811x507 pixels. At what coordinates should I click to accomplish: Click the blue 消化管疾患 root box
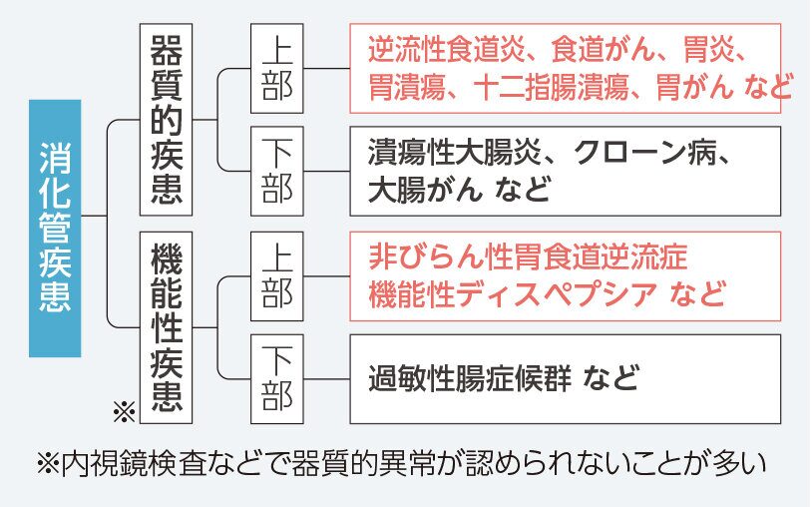(55, 229)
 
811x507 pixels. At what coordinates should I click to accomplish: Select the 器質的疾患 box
(166, 120)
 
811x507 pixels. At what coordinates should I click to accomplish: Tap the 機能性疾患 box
(166, 327)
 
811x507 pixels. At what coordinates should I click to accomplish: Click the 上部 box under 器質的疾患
(276, 68)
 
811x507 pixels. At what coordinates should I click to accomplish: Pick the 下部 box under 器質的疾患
(276, 171)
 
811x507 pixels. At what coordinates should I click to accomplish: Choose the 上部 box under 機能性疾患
(276, 276)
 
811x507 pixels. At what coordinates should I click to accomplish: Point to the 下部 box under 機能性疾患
(276, 379)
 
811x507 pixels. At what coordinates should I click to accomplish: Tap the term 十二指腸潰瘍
(551, 87)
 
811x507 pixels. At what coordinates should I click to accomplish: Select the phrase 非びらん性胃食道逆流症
(528, 257)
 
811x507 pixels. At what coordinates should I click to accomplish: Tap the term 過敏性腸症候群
(470, 379)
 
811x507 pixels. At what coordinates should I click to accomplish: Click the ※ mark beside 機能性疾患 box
(125, 411)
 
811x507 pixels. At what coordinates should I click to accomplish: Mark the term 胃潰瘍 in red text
(407, 87)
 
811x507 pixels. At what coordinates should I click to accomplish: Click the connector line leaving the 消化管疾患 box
(94, 215)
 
